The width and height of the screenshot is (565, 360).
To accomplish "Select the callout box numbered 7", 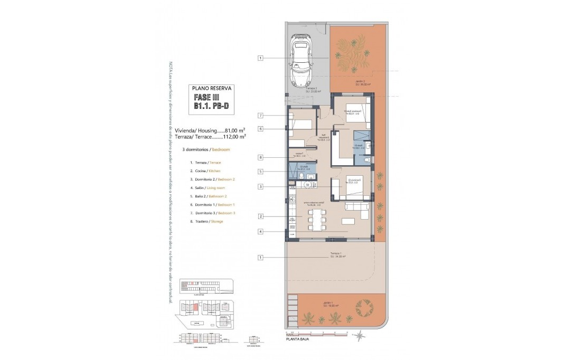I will coord(261,116).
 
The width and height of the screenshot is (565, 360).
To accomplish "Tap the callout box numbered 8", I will coord(261,157).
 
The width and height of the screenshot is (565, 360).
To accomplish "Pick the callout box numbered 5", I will coord(261,172).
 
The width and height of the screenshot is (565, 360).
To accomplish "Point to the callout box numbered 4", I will coord(261,231).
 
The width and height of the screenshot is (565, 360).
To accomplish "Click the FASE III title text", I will coord(211,98).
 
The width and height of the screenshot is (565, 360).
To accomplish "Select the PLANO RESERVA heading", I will coord(211,89).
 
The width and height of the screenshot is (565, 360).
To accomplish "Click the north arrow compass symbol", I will coord(359,335).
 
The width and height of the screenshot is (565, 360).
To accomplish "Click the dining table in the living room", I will coord(317,219).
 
